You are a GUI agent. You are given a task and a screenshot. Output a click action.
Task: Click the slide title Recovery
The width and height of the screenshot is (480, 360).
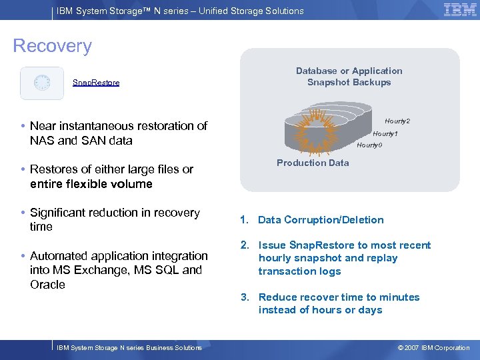53,46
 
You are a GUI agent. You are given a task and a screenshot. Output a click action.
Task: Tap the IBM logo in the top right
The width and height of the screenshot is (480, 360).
460,9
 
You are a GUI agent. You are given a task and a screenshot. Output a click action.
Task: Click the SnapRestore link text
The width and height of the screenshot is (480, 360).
96,83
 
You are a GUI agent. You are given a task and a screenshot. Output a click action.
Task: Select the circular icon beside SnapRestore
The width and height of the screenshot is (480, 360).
42,83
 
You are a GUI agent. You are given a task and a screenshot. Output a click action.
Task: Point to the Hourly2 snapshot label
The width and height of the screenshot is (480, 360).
397,121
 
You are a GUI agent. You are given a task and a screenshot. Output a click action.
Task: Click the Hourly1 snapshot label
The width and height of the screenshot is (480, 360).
385,134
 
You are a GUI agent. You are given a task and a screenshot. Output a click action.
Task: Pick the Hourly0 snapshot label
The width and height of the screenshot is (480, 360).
369,145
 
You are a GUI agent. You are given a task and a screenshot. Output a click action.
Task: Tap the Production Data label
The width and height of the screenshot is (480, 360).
313,163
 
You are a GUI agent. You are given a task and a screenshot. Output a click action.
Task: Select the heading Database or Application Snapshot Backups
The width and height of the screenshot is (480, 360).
349,77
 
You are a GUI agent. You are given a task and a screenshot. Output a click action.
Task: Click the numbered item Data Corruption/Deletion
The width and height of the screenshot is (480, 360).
321,220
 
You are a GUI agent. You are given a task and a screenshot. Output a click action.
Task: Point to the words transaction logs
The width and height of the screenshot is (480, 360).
299,271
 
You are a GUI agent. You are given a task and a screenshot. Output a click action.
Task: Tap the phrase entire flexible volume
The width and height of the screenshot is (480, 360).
91,184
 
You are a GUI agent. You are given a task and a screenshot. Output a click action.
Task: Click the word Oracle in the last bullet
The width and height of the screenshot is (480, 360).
47,285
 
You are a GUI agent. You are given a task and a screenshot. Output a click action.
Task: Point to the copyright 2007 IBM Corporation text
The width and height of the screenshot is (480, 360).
433,348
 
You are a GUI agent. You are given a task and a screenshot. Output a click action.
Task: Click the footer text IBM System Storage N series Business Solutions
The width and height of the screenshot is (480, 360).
129,348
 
